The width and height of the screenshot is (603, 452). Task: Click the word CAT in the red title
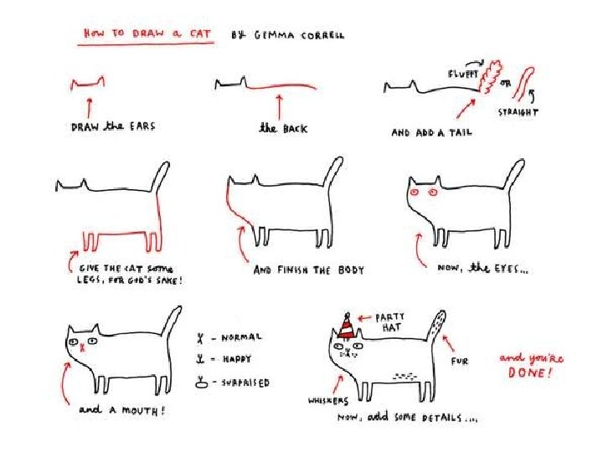pyautogui.click(x=200, y=33)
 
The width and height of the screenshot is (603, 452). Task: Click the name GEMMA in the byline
pyautogui.click(x=274, y=35)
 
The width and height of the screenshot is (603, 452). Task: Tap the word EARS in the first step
pyautogui.click(x=142, y=126)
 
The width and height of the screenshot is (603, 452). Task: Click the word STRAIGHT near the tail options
pyautogui.click(x=518, y=112)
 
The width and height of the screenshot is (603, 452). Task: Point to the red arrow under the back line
pyautogui.click(x=280, y=108)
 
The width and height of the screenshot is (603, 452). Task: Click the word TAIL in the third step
pyautogui.click(x=461, y=132)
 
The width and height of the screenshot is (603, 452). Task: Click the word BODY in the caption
pyautogui.click(x=351, y=270)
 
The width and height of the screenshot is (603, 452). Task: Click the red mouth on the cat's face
pyautogui.click(x=82, y=348)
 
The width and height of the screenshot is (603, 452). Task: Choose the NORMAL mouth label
pyautogui.click(x=241, y=337)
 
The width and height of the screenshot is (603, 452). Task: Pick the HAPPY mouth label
pyautogui.click(x=236, y=359)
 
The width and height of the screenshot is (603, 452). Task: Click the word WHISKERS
pyautogui.click(x=328, y=401)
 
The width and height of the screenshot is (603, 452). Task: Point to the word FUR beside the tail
pyautogui.click(x=460, y=361)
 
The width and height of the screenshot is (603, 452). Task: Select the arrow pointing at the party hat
pyautogui.click(x=364, y=318)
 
